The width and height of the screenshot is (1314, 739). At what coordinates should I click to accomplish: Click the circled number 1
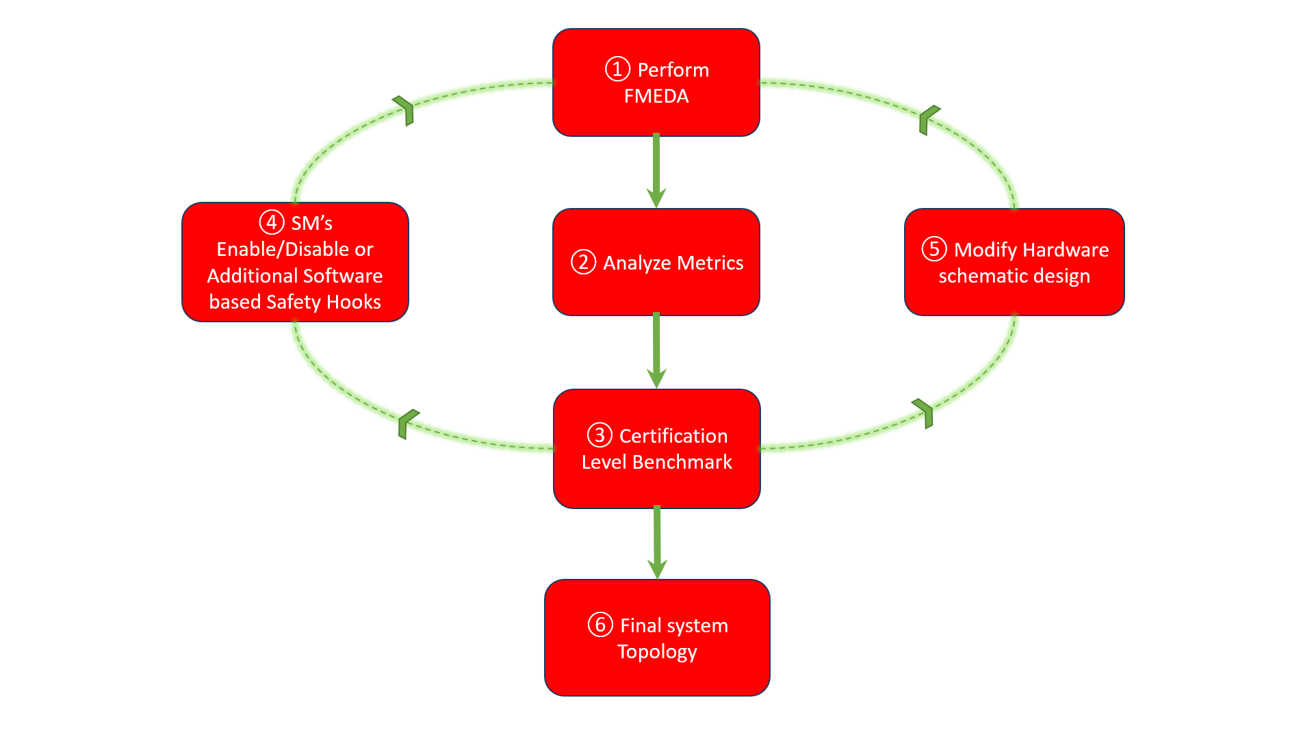(x=617, y=69)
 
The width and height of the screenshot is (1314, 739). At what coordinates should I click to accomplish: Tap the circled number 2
(x=583, y=262)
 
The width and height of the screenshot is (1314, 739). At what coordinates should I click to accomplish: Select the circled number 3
(x=600, y=435)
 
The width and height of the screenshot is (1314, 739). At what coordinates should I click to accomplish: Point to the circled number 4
(x=272, y=222)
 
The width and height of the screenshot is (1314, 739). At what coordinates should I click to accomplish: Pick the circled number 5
(x=934, y=249)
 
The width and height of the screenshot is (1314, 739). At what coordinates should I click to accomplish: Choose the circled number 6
(x=600, y=625)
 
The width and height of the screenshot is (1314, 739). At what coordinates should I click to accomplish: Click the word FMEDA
(x=656, y=96)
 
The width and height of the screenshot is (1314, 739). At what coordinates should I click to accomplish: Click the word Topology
(x=657, y=651)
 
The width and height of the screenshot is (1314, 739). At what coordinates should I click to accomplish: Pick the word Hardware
(x=1066, y=250)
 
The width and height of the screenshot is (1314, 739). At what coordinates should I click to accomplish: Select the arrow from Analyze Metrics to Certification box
(x=656, y=350)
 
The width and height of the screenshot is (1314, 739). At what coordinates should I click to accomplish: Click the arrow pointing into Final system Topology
(x=657, y=542)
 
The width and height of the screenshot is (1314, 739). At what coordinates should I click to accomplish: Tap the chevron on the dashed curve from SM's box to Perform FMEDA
(x=404, y=110)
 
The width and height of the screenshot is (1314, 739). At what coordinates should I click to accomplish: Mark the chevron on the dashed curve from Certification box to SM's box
(x=407, y=422)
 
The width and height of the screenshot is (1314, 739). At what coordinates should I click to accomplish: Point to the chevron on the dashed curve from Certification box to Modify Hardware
(x=924, y=413)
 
